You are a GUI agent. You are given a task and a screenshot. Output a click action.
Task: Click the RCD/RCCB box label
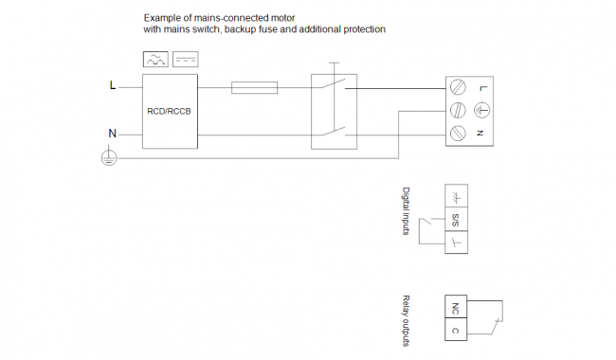point(169,112)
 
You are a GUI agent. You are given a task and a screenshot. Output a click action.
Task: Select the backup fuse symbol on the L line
point(254,87)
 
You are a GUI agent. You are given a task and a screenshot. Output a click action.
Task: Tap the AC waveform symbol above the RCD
point(155,60)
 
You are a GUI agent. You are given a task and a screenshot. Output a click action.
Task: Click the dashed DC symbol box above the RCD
point(186,60)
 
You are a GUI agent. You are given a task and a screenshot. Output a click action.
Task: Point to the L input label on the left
point(113,85)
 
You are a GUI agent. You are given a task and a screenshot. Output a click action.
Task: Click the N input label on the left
point(113,134)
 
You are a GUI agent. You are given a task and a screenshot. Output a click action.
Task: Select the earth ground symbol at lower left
point(109,158)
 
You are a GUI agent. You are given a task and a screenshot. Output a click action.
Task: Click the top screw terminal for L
point(458,87)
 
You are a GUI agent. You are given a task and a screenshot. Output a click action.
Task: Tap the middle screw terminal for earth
point(458,110)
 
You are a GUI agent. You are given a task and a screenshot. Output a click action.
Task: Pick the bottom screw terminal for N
point(458,134)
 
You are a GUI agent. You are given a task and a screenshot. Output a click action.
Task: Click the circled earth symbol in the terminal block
point(482,110)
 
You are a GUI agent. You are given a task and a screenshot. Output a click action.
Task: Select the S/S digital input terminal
point(456,220)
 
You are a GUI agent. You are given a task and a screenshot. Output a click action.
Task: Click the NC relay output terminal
point(456,307)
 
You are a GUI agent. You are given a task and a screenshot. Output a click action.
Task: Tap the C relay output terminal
point(456,330)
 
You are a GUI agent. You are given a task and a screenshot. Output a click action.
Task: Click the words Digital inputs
point(406,211)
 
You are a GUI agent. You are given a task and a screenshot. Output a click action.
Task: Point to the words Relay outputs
point(406,321)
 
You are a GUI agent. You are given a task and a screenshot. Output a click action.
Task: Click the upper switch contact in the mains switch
point(334,84)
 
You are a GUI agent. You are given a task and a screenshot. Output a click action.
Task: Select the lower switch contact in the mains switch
point(334,131)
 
